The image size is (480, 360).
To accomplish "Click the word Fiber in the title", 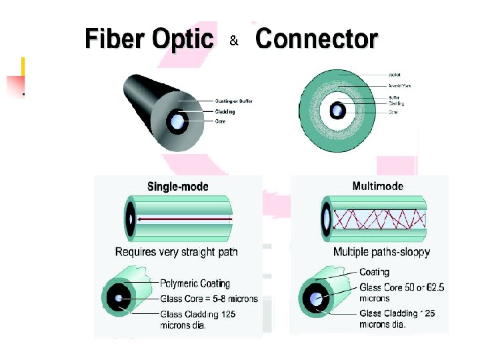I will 115,39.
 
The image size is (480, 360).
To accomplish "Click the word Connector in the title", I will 317,39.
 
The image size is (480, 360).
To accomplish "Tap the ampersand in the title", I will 234,41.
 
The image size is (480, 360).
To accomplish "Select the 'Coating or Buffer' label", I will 233,101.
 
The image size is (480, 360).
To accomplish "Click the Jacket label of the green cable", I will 394,74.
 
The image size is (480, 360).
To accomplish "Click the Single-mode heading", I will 177,187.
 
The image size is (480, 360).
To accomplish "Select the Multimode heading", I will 377,186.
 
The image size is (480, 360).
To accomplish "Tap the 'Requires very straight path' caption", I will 176,252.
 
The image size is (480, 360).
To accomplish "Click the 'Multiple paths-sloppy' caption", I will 381,252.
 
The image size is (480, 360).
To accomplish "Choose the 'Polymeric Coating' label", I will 195,284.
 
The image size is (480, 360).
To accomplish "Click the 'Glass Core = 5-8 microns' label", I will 209,299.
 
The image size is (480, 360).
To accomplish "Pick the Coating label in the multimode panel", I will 374,272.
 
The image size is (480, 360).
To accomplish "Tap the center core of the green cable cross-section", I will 339,110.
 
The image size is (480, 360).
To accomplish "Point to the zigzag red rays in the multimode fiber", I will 377,219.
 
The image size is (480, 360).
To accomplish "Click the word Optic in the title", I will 182,39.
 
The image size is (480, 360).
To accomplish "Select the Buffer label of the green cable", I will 394,97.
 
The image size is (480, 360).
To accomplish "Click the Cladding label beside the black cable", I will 225,111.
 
